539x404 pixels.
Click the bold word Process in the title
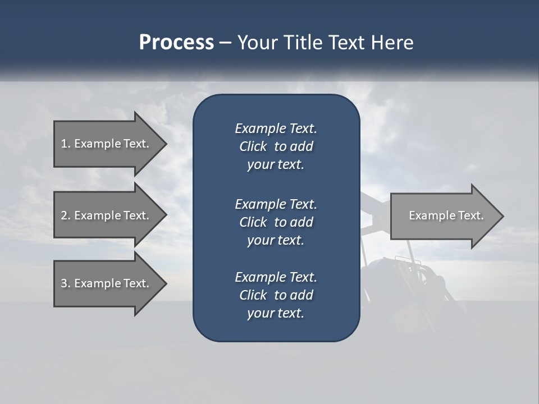176,43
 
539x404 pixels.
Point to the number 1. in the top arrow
66,144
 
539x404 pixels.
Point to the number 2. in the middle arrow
66,215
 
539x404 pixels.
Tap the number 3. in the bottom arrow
66,283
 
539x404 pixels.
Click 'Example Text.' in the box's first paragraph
276,128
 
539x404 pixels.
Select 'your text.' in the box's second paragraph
276,240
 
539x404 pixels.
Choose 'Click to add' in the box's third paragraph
276,295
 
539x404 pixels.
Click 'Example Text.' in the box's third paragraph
276,277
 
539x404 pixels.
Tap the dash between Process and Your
225,43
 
